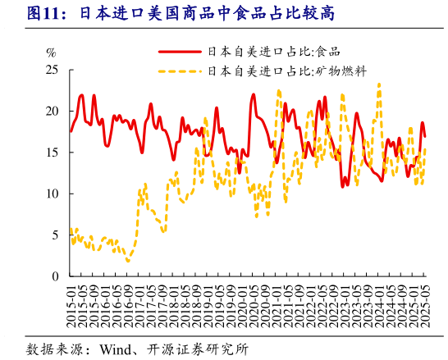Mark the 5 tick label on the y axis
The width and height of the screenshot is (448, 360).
point(55,235)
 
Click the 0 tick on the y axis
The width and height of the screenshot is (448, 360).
point(55,277)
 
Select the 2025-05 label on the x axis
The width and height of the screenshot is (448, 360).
point(424,304)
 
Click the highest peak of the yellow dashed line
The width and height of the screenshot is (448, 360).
point(379,83)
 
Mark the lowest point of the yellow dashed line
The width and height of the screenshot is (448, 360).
point(128,261)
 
